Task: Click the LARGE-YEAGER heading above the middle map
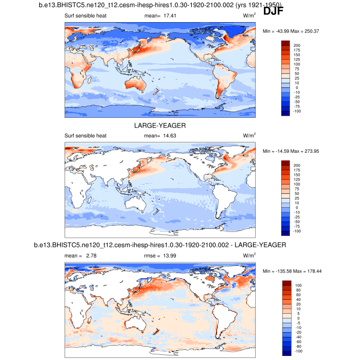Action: pyautogui.click(x=160, y=125)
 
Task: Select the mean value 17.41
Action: pyautogui.click(x=169, y=15)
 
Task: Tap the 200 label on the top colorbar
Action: pyautogui.click(x=297, y=45)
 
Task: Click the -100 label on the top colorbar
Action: pyautogui.click(x=297, y=111)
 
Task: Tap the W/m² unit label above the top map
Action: pyautogui.click(x=249, y=15)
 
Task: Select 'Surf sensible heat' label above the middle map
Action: pyautogui.click(x=85, y=136)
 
